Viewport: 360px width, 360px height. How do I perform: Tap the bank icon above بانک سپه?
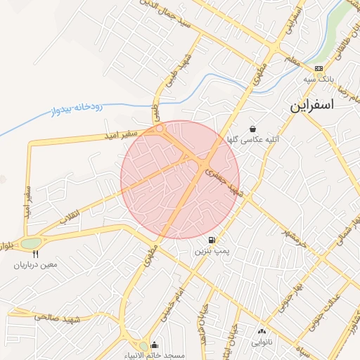pos(319,69)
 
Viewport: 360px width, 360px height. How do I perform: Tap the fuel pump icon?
pos(212,240)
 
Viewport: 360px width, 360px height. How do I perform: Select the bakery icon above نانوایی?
pos(262,331)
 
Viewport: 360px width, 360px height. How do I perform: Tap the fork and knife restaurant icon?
pos(35,255)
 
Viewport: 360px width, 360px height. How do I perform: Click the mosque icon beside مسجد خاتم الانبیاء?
pos(154,345)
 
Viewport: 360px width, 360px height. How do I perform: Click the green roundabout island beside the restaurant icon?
pos(32,243)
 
